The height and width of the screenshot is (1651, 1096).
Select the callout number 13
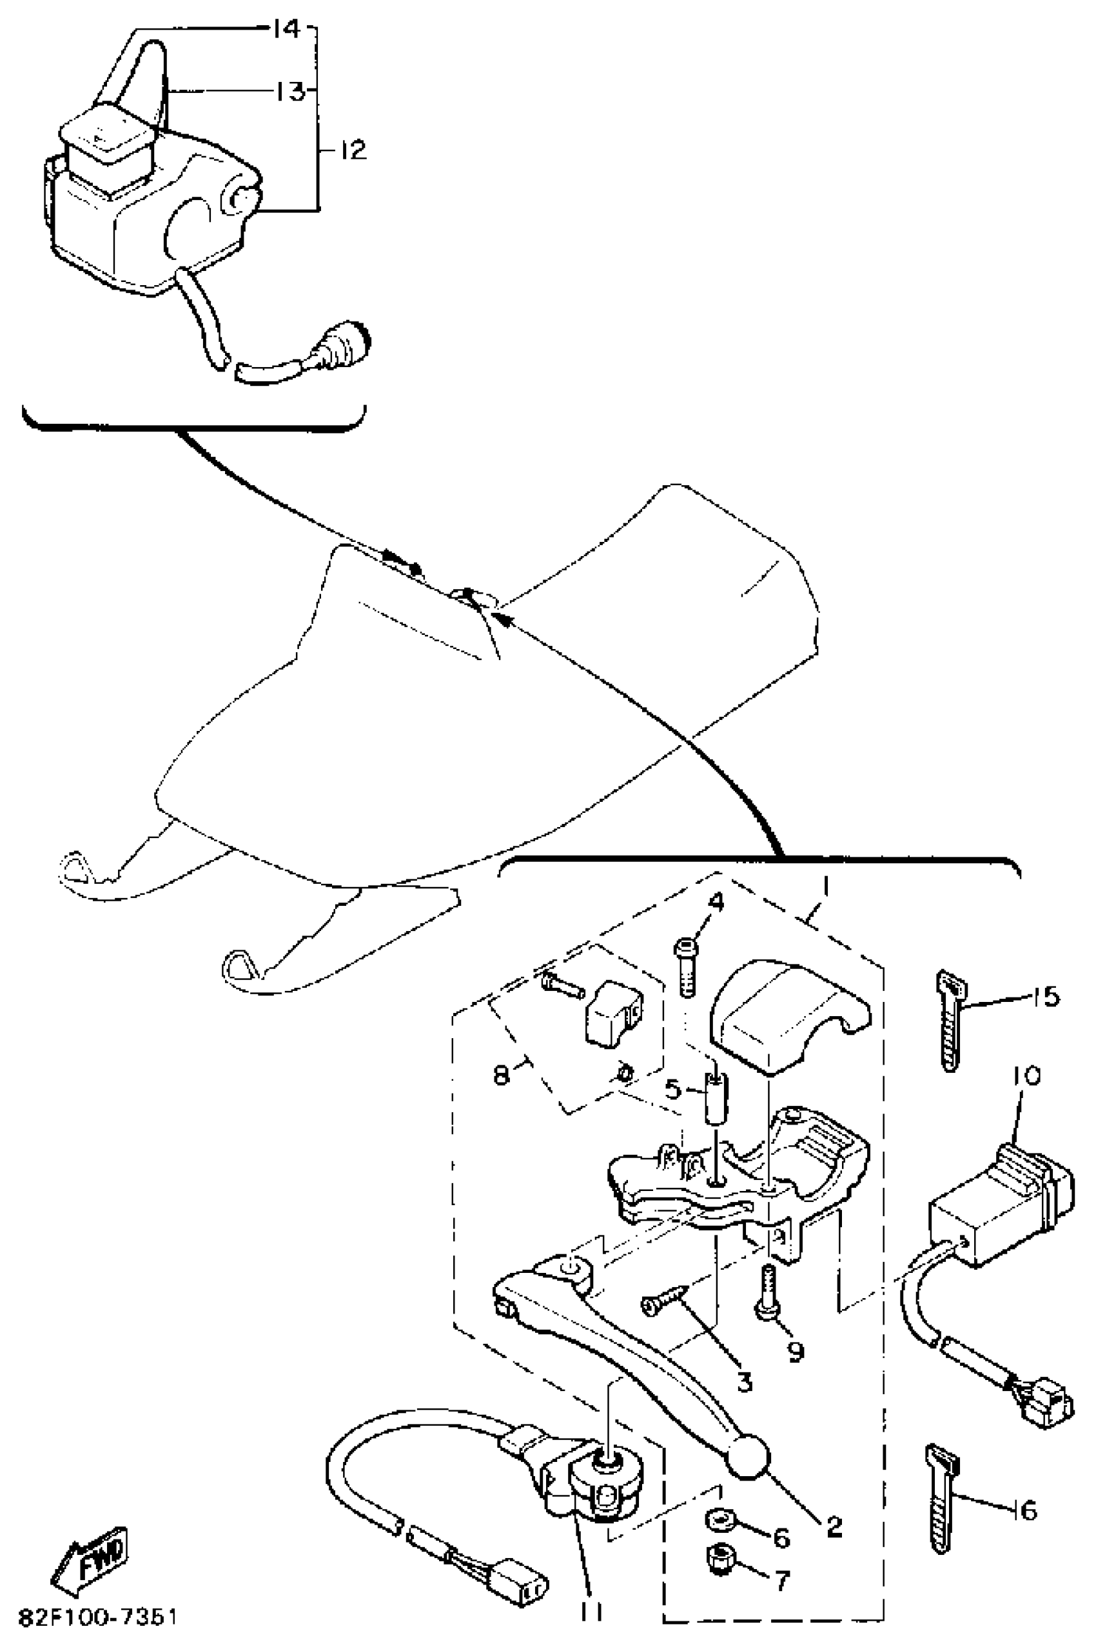[288, 92]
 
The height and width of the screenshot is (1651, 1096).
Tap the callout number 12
[354, 150]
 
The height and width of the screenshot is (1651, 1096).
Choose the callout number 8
[501, 1075]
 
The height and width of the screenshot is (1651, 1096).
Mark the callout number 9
[795, 1352]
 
